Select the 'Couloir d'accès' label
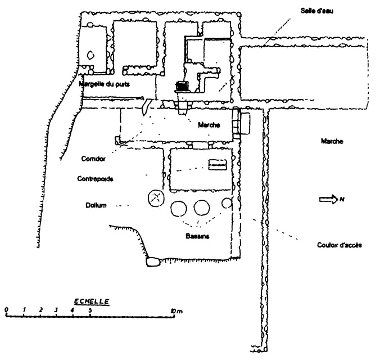click(x=339, y=245)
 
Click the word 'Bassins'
click(x=197, y=237)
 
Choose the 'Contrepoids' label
click(x=96, y=179)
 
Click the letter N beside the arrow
click(x=341, y=198)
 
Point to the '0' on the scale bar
click(x=6, y=310)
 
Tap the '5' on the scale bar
click(x=90, y=310)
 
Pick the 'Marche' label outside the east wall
click(x=332, y=142)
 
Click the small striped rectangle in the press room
click(x=217, y=164)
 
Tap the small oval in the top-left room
click(x=91, y=55)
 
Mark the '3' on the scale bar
click(x=56, y=310)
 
